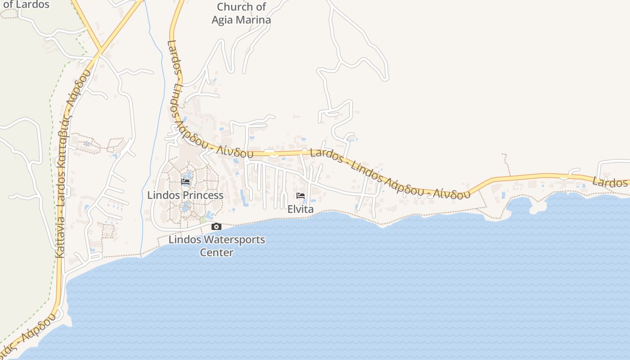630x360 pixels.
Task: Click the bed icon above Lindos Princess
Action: click(185, 182)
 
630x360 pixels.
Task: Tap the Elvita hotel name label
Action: click(301, 209)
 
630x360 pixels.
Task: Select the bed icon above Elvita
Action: click(301, 196)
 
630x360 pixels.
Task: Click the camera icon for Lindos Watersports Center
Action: click(216, 226)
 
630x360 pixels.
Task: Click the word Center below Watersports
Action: click(216, 252)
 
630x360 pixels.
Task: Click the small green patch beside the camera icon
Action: click(203, 220)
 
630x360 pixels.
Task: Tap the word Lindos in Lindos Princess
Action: click(162, 195)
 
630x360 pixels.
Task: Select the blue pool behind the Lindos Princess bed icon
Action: click(188, 175)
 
